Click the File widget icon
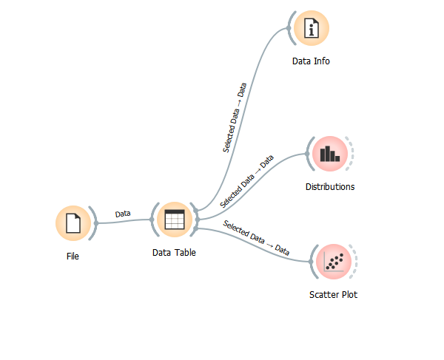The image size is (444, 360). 73,223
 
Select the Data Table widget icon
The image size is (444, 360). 175,220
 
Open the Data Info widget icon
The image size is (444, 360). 311,29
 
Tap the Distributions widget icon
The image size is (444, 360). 329,154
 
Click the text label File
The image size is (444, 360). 72,257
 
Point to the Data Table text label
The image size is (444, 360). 174,253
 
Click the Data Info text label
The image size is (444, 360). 311,61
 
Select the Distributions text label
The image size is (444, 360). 330,187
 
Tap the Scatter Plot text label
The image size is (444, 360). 333,294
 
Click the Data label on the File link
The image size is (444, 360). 123,214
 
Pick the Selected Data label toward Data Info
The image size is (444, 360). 235,118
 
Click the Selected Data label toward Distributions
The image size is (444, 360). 247,180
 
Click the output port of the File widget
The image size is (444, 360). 95,223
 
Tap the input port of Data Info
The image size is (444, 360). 289,29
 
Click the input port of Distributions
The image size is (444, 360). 307,154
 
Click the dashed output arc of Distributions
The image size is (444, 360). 352,154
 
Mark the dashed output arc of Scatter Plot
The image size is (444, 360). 356,261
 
